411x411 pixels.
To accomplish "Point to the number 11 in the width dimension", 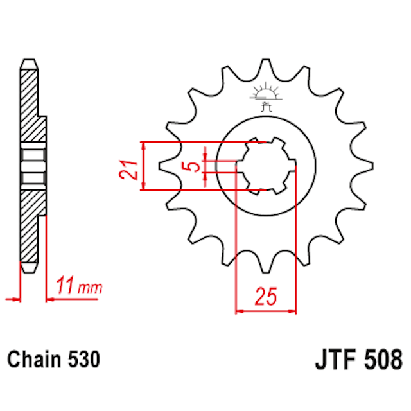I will [65, 286].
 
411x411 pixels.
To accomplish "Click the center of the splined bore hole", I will [265, 166].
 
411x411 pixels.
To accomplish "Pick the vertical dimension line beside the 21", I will [144, 166].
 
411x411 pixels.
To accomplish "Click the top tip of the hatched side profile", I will [28, 62].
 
